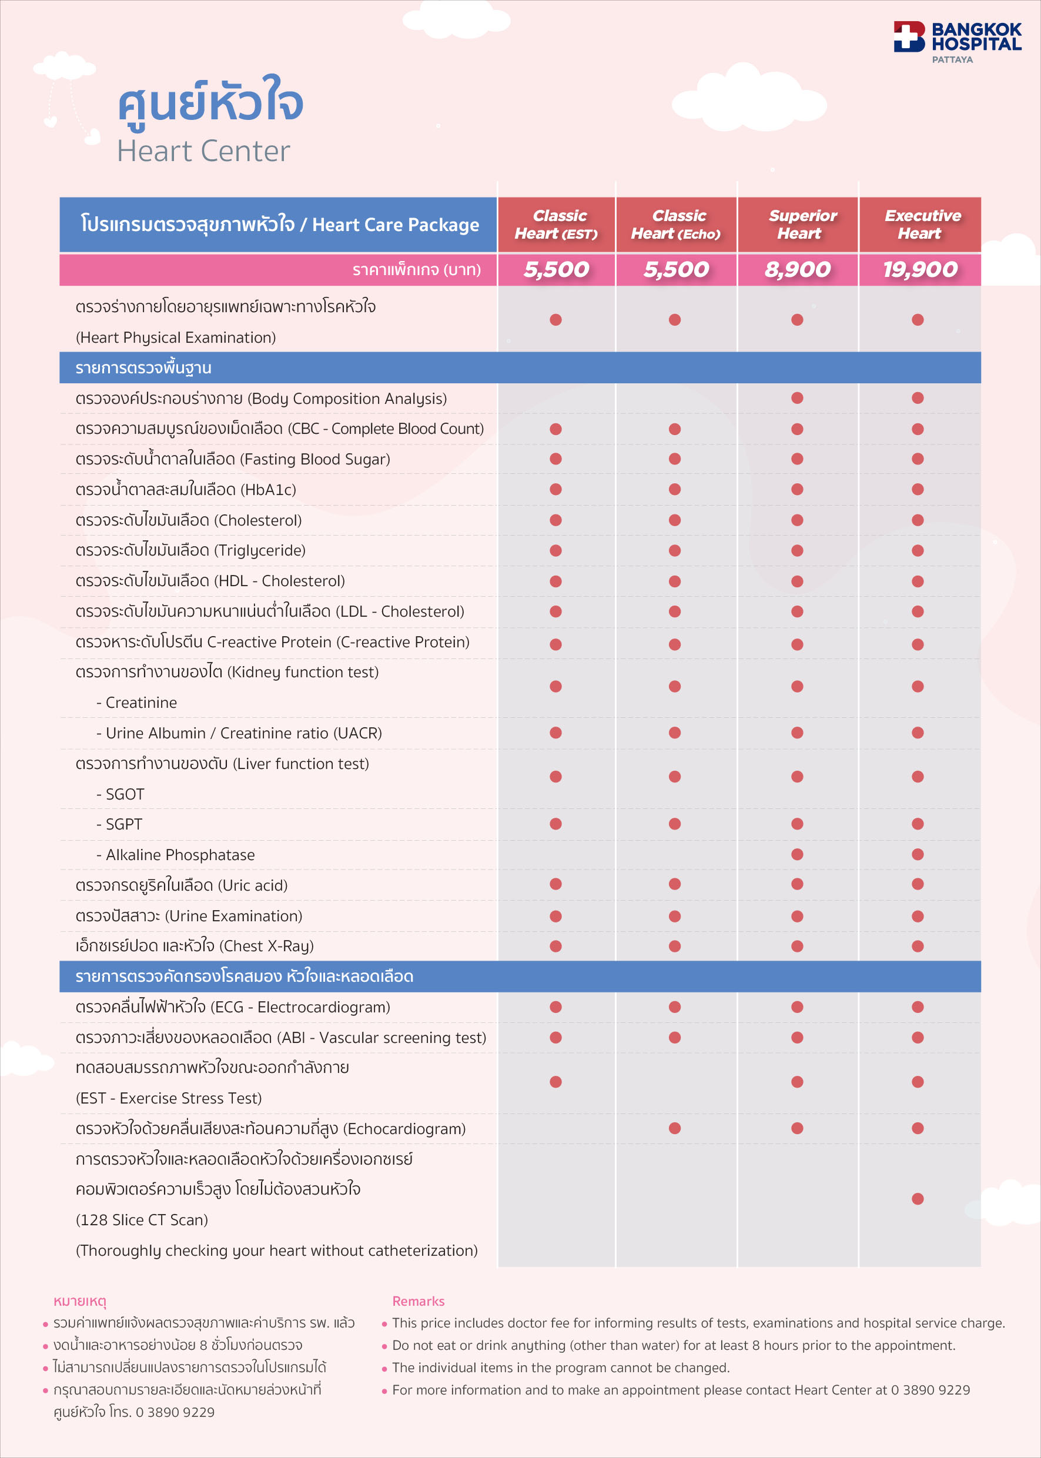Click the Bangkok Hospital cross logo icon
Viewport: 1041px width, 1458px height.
909,36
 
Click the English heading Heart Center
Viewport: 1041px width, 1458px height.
203,151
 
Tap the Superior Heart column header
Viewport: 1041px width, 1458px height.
798,225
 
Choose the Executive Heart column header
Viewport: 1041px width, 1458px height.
920,225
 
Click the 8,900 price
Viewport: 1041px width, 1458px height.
798,269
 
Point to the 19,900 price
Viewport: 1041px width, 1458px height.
920,269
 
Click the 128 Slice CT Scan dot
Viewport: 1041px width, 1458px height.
918,1198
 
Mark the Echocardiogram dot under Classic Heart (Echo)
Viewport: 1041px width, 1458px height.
674,1128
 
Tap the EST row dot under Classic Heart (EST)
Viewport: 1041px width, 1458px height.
555,1082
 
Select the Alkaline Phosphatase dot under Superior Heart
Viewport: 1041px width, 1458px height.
797,854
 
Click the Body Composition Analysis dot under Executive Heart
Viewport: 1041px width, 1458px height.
918,397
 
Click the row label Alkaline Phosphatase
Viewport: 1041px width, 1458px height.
179,855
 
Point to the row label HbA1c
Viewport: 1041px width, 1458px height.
186,490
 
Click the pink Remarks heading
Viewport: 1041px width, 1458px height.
418,1301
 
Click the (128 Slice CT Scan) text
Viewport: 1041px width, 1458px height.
142,1219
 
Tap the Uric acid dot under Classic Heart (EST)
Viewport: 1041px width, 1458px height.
555,884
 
